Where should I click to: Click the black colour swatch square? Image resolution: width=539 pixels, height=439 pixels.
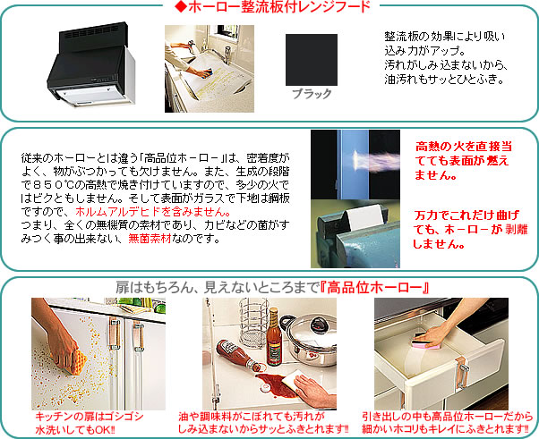[x=311, y=60]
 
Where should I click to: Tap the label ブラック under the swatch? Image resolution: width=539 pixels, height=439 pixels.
[x=312, y=94]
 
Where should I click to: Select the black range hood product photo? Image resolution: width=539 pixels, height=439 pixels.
[x=91, y=65]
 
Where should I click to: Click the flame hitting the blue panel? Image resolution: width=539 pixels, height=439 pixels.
[x=375, y=160]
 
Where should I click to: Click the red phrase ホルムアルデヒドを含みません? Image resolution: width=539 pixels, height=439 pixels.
[x=150, y=211]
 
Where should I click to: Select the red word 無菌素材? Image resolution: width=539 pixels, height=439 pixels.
[x=150, y=238]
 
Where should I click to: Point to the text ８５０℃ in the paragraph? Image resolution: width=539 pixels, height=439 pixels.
[x=50, y=185]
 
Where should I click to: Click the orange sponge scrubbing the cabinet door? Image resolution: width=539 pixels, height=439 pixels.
[x=73, y=360]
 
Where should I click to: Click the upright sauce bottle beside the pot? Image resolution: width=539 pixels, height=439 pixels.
[x=274, y=337]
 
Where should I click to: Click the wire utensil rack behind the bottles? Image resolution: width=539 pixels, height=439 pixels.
[x=253, y=323]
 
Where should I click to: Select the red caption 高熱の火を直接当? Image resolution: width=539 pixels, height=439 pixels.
[x=464, y=147]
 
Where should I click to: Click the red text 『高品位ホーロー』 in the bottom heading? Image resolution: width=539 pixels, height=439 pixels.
[x=374, y=288]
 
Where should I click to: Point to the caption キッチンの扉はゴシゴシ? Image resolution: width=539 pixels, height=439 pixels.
[x=90, y=417]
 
